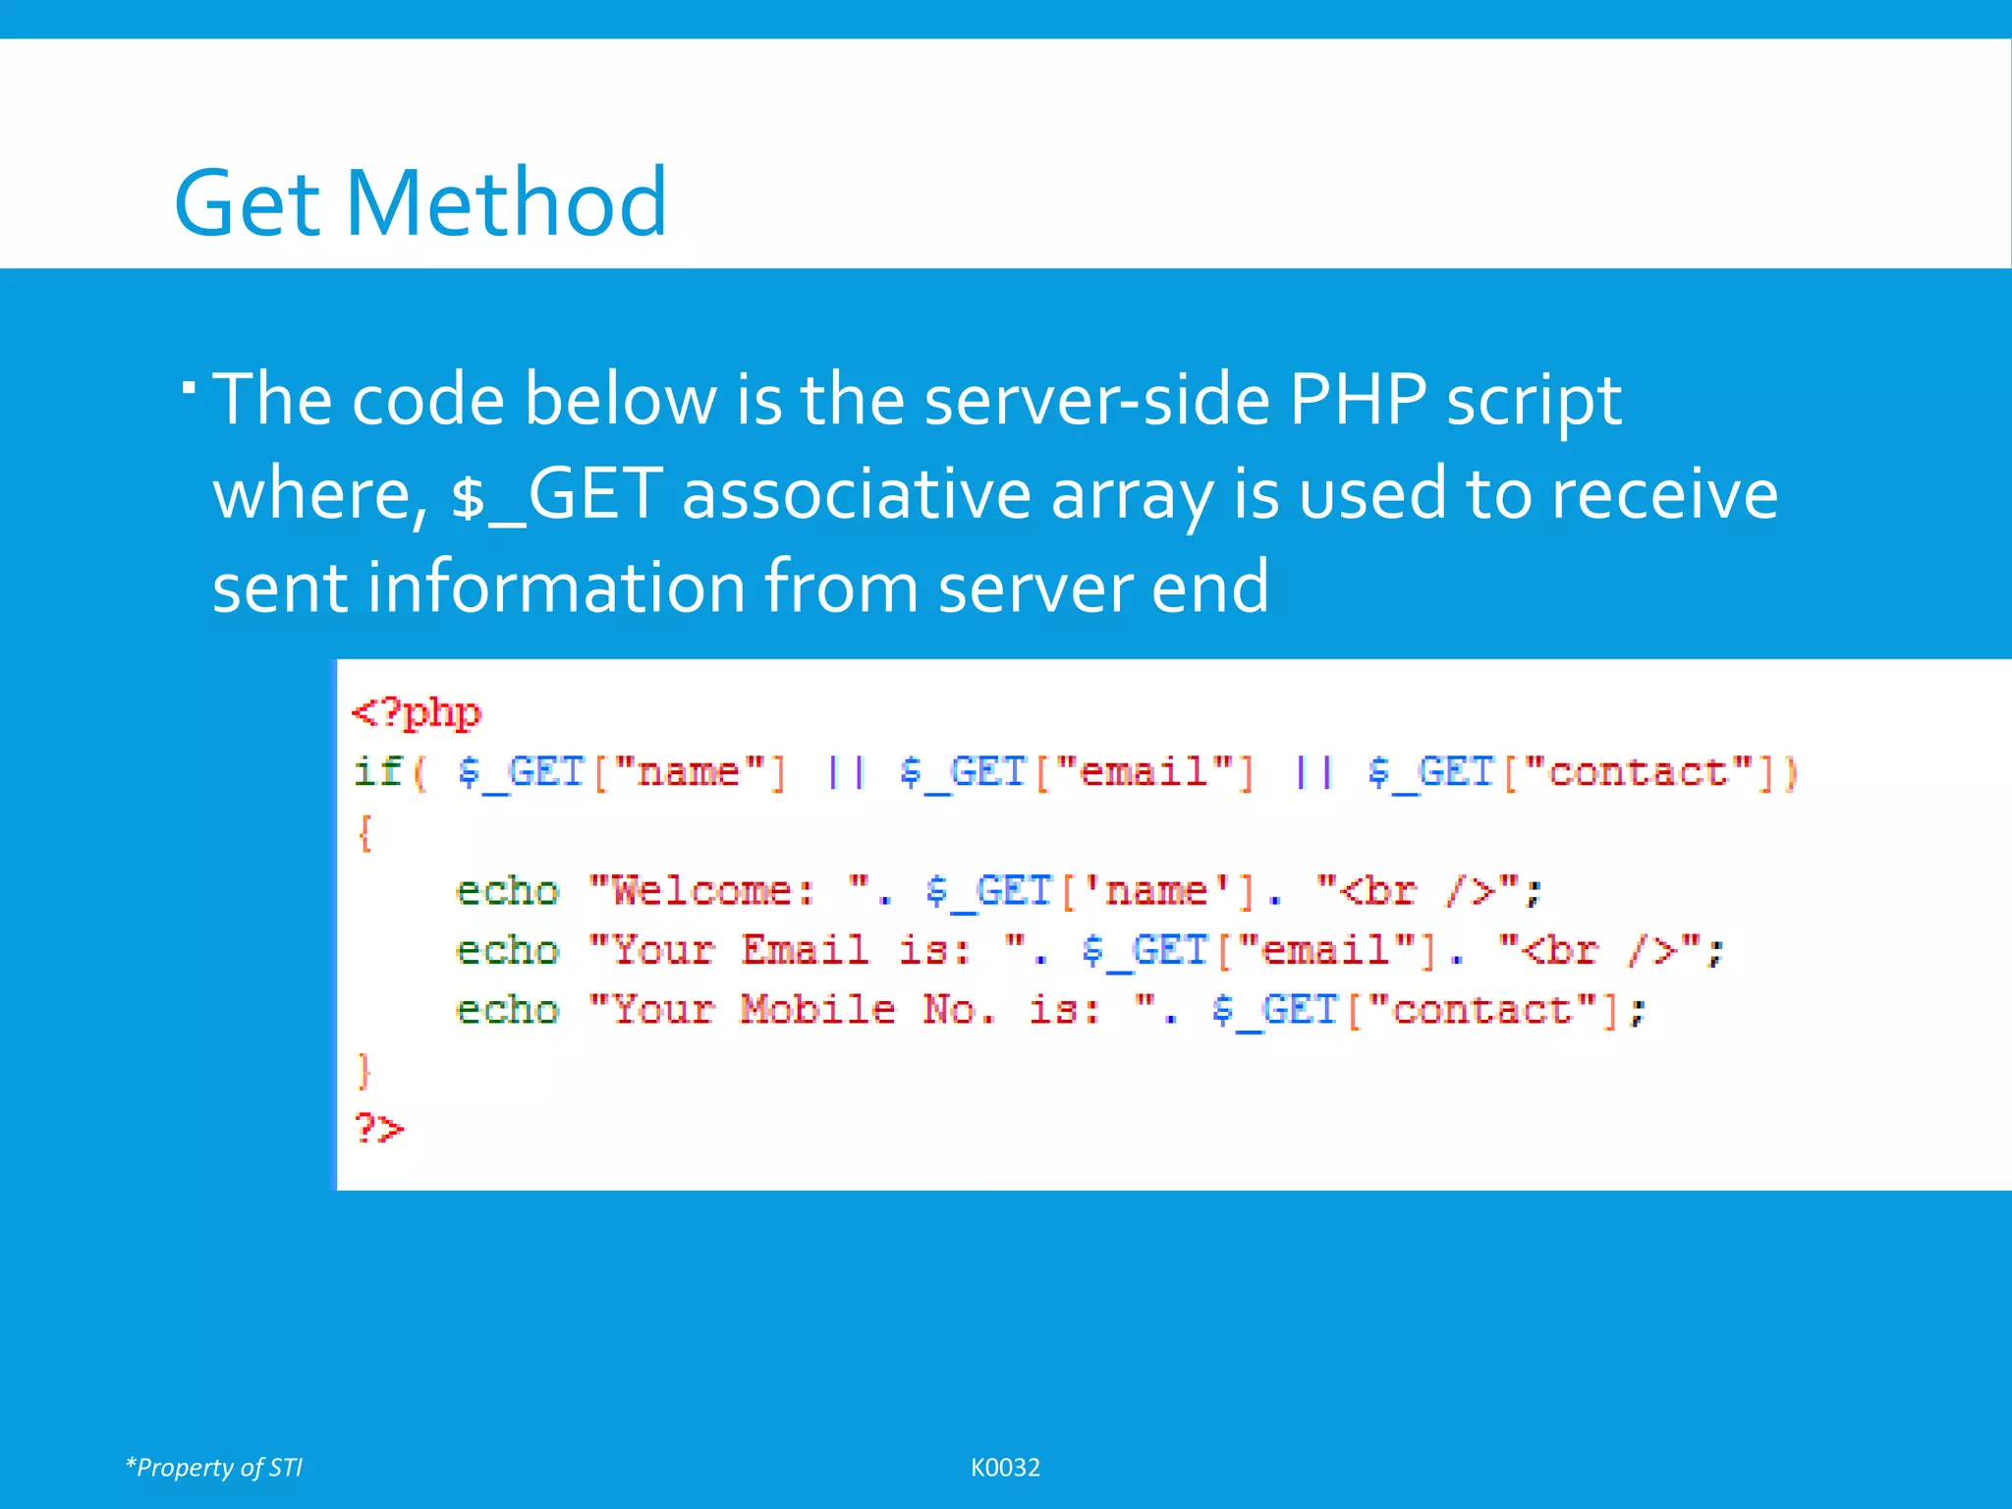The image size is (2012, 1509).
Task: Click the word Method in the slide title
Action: click(506, 202)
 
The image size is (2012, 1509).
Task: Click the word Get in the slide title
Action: click(250, 202)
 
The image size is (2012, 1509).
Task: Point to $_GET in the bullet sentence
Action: click(556, 494)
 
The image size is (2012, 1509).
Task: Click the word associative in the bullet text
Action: click(856, 494)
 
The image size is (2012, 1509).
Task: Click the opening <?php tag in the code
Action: click(417, 713)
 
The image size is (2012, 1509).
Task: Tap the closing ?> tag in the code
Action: click(379, 1128)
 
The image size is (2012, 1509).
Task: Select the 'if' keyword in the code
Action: click(378, 772)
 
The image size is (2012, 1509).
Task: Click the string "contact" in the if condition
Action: click(1638, 772)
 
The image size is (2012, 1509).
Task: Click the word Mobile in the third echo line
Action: click(817, 1010)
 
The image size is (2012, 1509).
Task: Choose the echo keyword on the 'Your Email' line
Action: click(507, 951)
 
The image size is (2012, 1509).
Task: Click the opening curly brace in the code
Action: click(364, 833)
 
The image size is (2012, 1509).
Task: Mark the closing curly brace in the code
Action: click(364, 1070)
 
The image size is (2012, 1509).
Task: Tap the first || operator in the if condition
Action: click(845, 772)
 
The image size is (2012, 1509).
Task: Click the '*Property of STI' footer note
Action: click(214, 1467)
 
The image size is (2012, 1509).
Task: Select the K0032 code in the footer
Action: click(1005, 1467)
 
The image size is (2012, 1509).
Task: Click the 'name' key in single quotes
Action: click(1155, 891)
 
